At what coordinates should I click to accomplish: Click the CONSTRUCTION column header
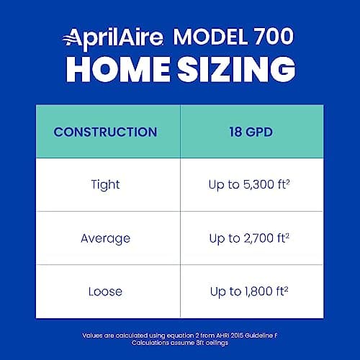(105, 132)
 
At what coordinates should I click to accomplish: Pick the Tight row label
(105, 185)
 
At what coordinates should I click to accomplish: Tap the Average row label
(105, 238)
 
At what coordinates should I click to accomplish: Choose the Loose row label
(105, 292)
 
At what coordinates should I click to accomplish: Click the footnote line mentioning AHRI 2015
(180, 335)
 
